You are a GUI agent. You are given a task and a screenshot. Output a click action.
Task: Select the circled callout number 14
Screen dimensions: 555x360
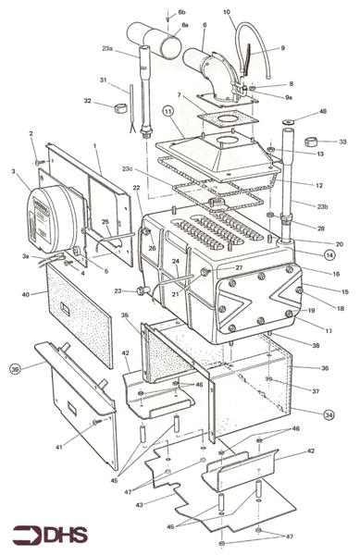click(329, 253)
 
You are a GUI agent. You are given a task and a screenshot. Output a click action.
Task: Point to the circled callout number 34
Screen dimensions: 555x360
click(329, 414)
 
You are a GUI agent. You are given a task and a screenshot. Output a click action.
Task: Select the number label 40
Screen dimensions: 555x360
click(26, 294)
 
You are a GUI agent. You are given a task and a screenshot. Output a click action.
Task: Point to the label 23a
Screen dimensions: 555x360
click(107, 48)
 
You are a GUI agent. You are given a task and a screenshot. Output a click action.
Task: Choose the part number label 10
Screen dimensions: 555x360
click(227, 12)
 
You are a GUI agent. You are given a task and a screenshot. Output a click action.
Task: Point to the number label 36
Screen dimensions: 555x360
click(324, 368)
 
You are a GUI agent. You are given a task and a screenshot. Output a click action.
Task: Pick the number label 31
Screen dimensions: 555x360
click(104, 80)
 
